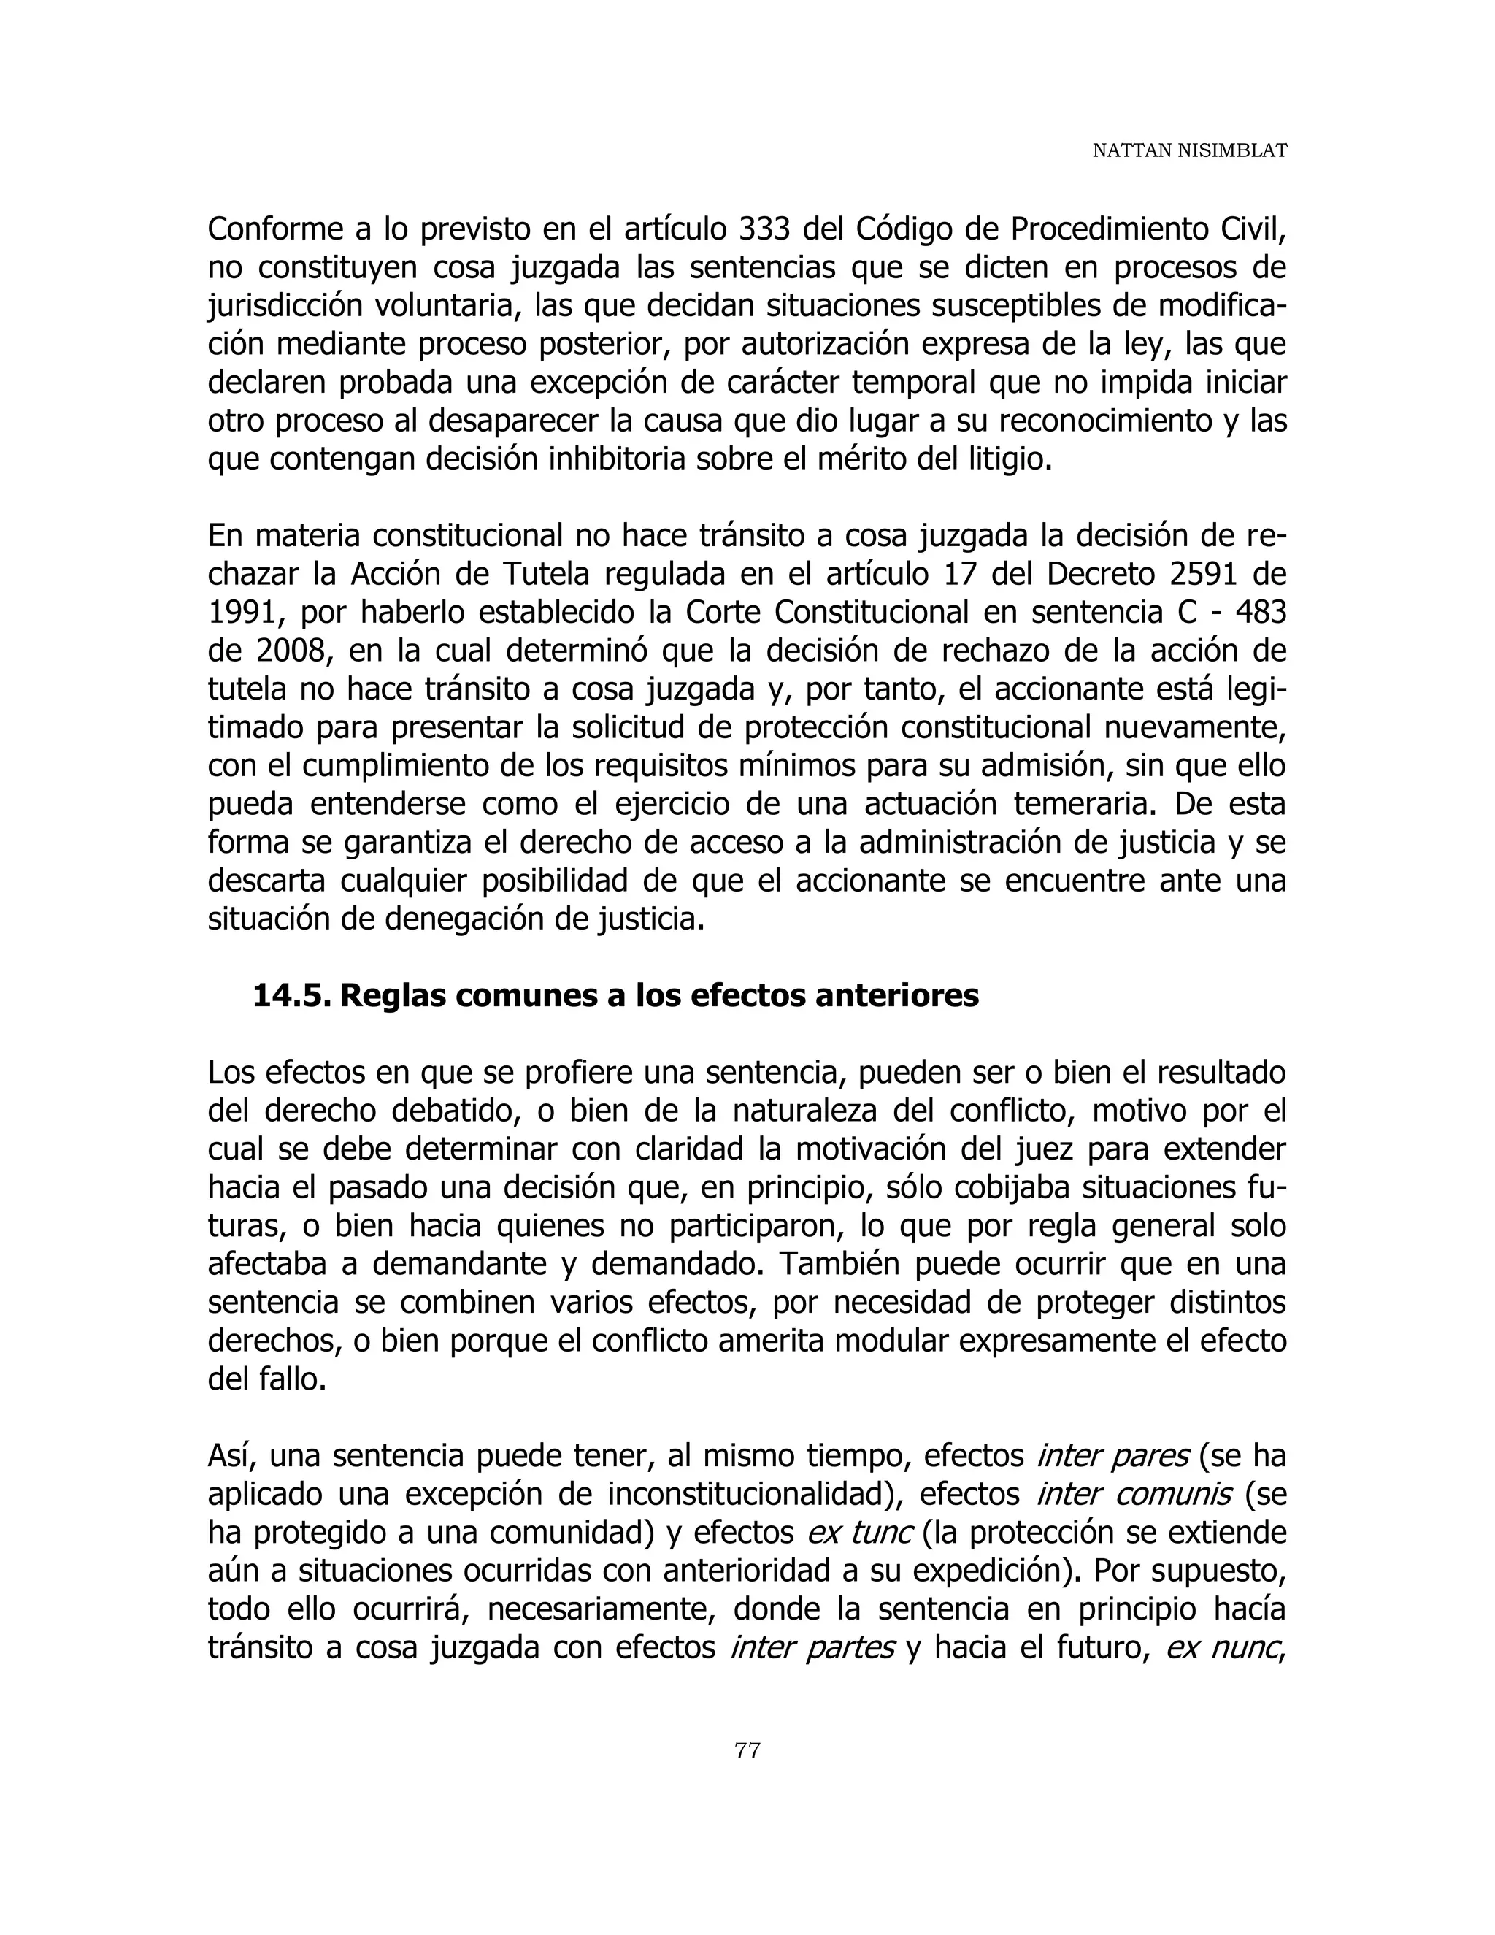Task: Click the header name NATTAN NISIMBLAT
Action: point(1188,151)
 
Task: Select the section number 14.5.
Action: point(291,995)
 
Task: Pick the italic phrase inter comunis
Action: point(1133,1495)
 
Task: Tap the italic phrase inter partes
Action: point(812,1648)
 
